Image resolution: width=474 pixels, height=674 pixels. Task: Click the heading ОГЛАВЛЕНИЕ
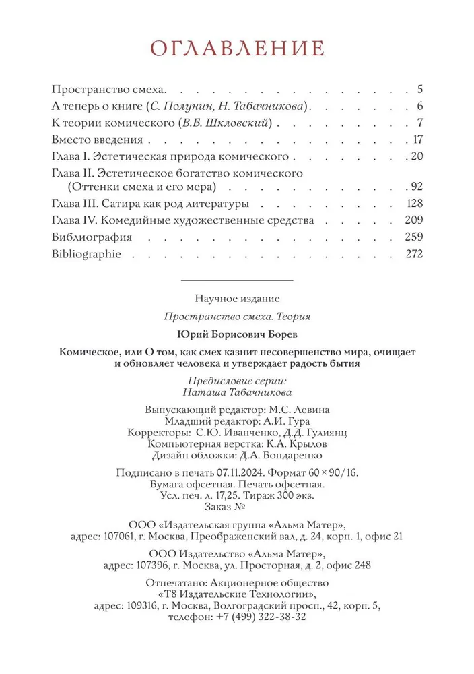pyautogui.click(x=237, y=49)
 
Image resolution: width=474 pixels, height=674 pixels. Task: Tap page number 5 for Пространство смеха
pyautogui.click(x=419, y=88)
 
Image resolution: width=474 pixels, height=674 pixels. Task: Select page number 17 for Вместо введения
pyautogui.click(x=416, y=140)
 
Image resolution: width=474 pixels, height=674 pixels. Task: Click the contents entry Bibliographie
pyautogui.click(x=86, y=254)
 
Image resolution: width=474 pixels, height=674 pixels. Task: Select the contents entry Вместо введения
pyautogui.click(x=97, y=140)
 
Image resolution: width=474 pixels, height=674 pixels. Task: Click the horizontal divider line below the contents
pyautogui.click(x=237, y=279)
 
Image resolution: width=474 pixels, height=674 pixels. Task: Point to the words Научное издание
pyautogui.click(x=237, y=297)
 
